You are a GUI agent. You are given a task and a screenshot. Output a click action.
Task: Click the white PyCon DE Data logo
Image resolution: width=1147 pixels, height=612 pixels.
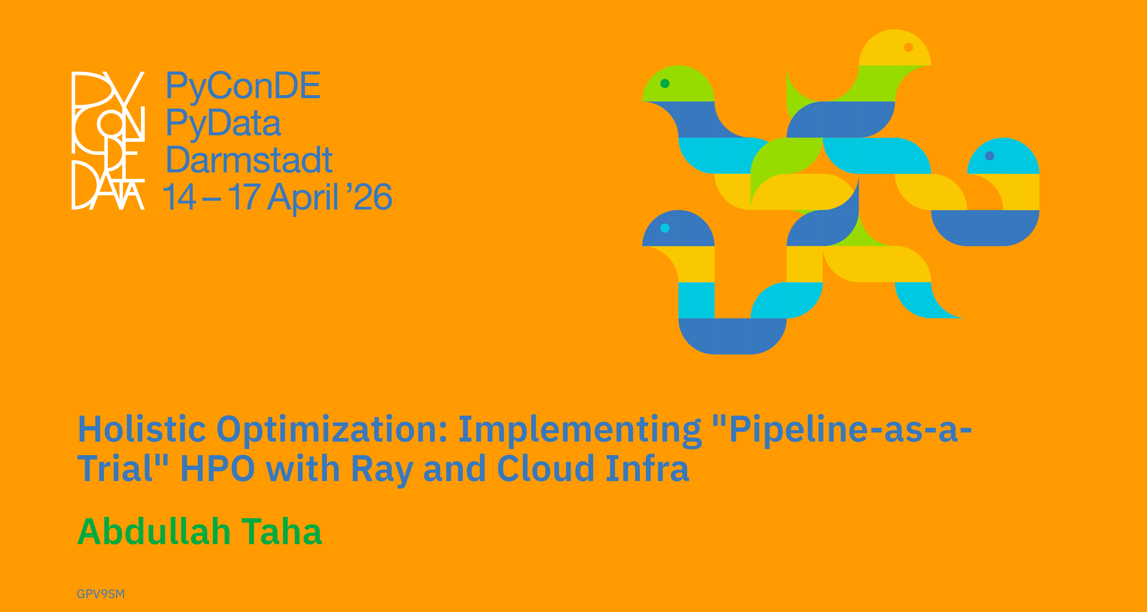[x=108, y=140]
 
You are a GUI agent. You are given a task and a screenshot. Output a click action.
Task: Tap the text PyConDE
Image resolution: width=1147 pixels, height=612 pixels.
[x=243, y=86]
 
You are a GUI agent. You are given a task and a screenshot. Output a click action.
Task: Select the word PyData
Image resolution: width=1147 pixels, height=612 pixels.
[x=224, y=123]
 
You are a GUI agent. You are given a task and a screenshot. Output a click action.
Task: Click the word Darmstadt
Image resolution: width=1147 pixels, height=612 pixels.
[x=249, y=160]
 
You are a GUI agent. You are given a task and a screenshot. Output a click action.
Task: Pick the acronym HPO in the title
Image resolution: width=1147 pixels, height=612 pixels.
[x=218, y=469]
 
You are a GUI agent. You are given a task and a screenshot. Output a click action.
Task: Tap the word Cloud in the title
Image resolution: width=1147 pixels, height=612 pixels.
[x=546, y=468]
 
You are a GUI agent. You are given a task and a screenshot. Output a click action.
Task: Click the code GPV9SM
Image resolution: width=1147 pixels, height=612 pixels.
[x=101, y=594]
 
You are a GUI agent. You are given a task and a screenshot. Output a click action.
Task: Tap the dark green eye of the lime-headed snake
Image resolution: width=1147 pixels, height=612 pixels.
[x=665, y=83]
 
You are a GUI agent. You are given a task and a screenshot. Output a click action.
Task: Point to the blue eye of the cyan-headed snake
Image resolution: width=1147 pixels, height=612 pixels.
[x=990, y=156]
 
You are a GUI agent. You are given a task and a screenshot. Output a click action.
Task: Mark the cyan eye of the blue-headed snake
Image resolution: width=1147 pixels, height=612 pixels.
[x=665, y=228]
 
